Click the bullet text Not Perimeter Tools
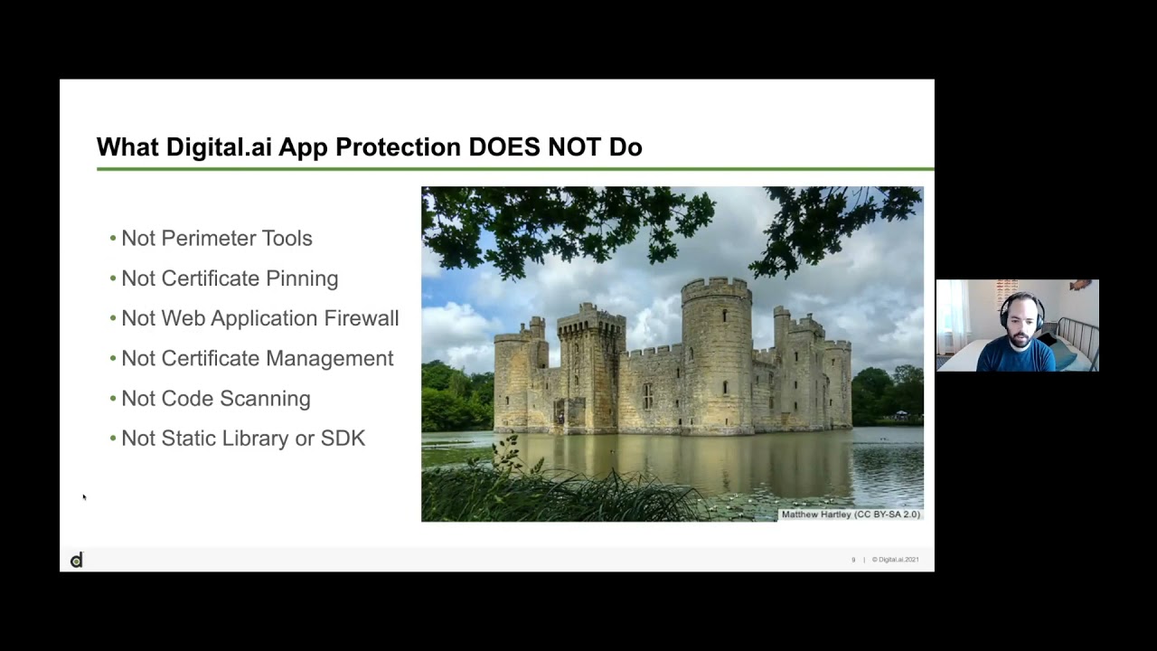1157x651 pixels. [x=216, y=239]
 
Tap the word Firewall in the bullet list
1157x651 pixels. [x=361, y=318]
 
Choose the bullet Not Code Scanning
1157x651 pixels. [x=215, y=399]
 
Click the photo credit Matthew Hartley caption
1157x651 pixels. [x=850, y=514]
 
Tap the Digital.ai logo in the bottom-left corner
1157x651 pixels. [x=77, y=561]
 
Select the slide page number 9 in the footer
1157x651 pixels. [x=852, y=560]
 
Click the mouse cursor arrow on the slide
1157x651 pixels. [x=84, y=497]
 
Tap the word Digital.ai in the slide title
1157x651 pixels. [x=219, y=147]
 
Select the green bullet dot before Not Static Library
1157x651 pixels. [x=113, y=439]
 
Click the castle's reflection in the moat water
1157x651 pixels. [x=669, y=461]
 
